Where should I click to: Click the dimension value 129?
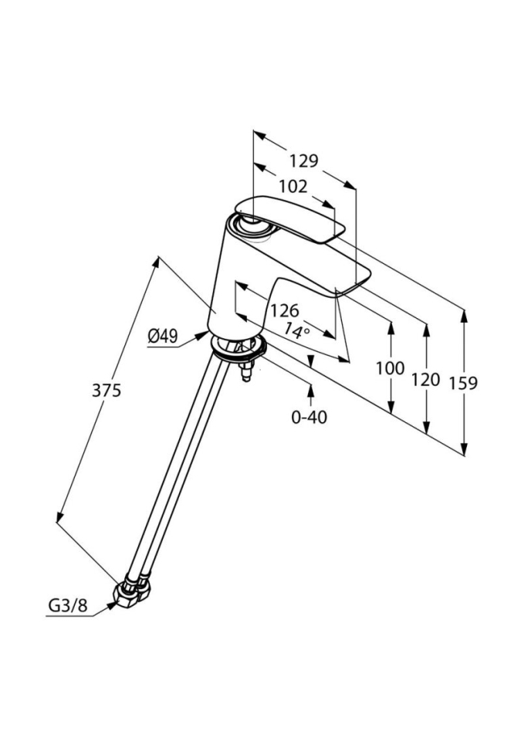pyautogui.click(x=303, y=161)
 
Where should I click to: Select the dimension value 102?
pyautogui.click(x=293, y=186)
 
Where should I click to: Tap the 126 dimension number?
pyautogui.click(x=283, y=310)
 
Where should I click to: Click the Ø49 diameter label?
pyautogui.click(x=162, y=336)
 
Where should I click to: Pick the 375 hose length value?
pyautogui.click(x=107, y=391)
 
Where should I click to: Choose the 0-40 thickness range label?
pyautogui.click(x=309, y=417)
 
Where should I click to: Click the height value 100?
pyautogui.click(x=390, y=368)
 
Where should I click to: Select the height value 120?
pyautogui.click(x=425, y=379)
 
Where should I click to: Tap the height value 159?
pyautogui.click(x=463, y=383)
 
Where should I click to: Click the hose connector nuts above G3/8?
pyautogui.click(x=133, y=591)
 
